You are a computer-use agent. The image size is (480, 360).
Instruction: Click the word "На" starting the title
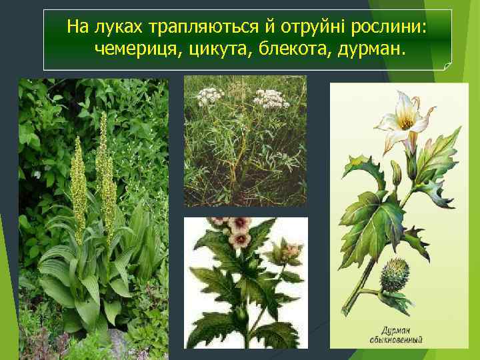click(78, 27)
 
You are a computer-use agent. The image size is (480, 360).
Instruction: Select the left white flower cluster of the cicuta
click(210, 94)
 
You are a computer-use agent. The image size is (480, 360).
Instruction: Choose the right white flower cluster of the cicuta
click(271, 99)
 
